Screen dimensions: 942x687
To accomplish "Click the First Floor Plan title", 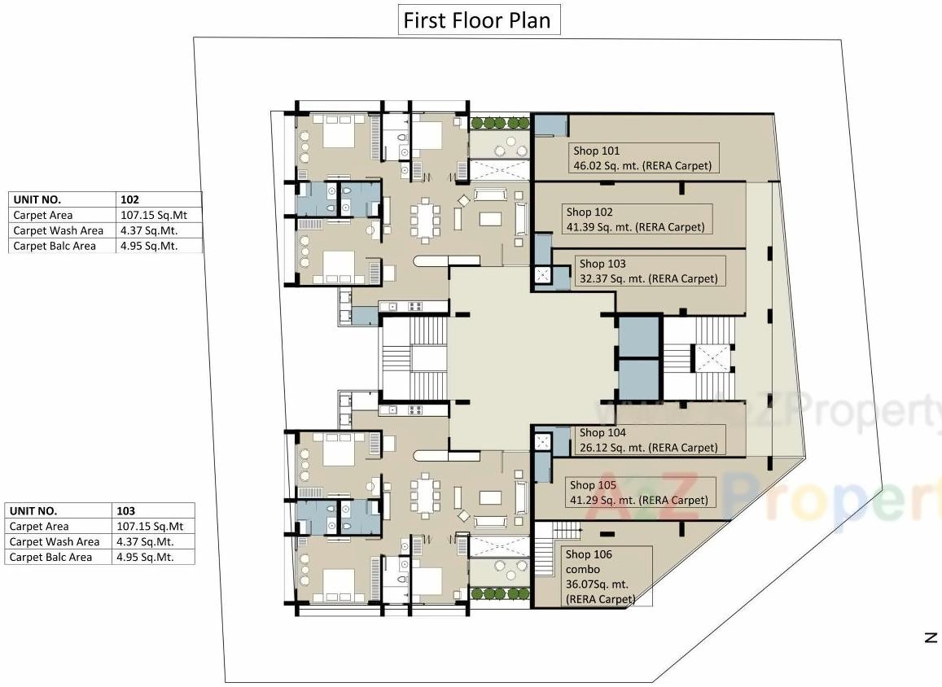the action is coord(480,20).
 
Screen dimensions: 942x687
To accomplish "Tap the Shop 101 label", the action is coord(596,151).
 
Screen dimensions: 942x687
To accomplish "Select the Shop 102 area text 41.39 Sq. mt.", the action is coord(601,227).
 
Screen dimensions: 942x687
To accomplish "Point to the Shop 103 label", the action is coord(602,264).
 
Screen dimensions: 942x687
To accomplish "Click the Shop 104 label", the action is coord(602,433).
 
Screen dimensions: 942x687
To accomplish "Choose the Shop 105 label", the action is coord(594,485).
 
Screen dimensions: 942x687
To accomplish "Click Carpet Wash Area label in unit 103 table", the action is coord(55,542).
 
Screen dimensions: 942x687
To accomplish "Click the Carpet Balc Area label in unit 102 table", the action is coord(55,246).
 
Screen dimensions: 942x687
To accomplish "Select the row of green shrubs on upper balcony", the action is coord(499,123).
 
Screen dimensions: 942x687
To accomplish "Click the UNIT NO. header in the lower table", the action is coord(34,511).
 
